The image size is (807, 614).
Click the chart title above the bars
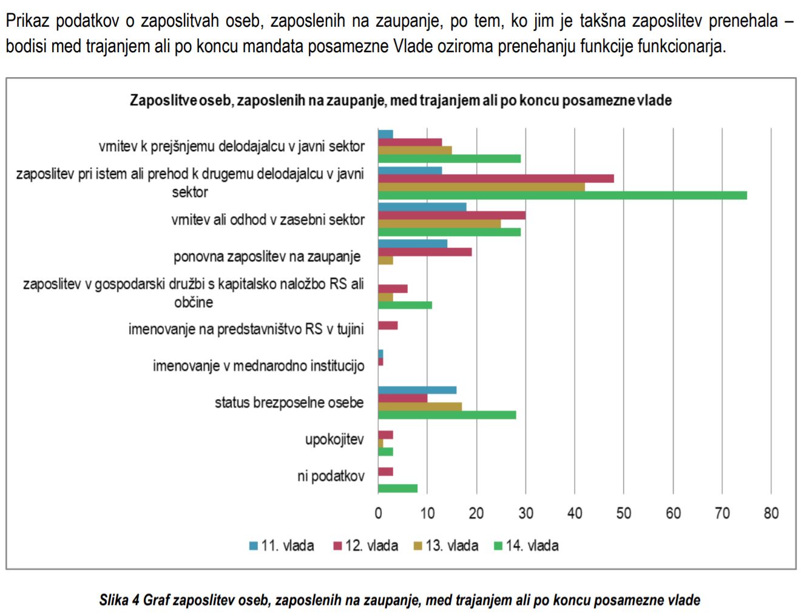(x=400, y=100)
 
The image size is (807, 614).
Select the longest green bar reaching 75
(x=562, y=195)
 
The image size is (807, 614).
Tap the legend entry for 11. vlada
(x=282, y=545)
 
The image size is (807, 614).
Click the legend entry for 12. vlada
(x=365, y=545)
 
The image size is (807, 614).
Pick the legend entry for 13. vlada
(x=446, y=545)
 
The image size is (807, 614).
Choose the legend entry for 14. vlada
(x=526, y=545)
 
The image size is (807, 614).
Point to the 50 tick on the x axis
(x=624, y=513)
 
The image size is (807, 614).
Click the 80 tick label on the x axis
(x=771, y=513)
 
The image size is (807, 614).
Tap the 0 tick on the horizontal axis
(x=378, y=513)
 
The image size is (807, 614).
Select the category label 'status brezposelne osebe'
(x=289, y=403)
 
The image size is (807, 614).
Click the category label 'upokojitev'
(x=334, y=439)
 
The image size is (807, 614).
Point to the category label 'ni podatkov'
(x=331, y=476)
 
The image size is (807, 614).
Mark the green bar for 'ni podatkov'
(x=397, y=488)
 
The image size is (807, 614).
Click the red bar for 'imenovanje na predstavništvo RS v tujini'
(x=388, y=326)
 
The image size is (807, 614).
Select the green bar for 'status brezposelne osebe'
(x=447, y=415)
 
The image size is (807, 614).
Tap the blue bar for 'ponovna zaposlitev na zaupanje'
(x=413, y=244)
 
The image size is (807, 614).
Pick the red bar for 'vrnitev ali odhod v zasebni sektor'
(x=451, y=215)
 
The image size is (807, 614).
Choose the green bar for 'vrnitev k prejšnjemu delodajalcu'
(x=449, y=159)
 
